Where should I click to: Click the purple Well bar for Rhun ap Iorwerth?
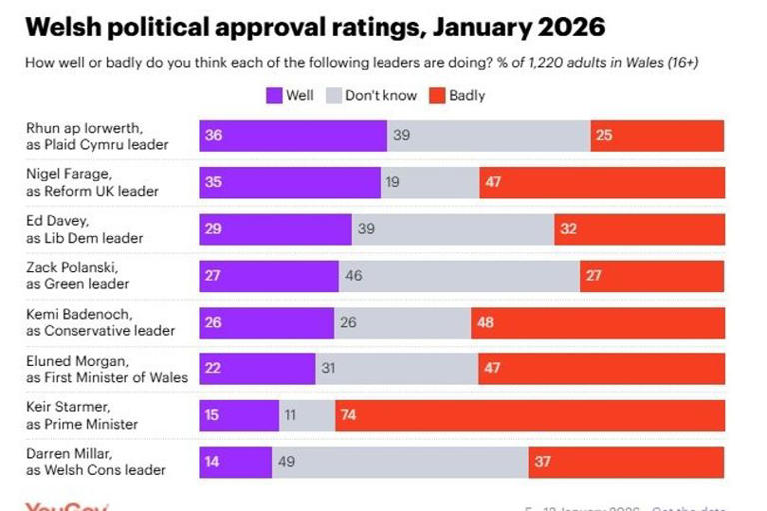(293, 135)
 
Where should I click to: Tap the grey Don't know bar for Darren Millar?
(399, 461)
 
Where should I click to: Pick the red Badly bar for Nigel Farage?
(601, 182)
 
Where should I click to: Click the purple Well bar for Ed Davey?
(275, 229)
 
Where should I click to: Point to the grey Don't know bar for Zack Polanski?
(459, 275)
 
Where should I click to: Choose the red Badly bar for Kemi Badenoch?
(598, 322)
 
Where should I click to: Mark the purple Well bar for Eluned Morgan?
(257, 368)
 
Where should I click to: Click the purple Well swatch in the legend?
(273, 96)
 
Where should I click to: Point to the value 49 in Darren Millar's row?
(287, 461)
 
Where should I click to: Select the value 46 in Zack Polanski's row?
(354, 275)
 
